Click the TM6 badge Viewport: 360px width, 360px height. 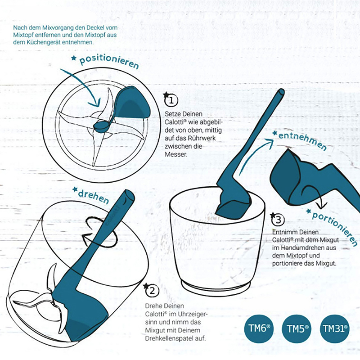pyautogui.click(x=259, y=329)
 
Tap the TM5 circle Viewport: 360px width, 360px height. pyautogui.click(x=297, y=329)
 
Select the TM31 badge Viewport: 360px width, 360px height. pyautogui.click(x=335, y=329)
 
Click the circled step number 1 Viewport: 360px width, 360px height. pyautogui.click(x=171, y=100)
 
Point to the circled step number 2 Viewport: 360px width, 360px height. pyautogui.click(x=152, y=291)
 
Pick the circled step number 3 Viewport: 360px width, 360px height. pyautogui.click(x=278, y=220)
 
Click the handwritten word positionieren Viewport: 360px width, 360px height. pyautogui.click(x=109, y=61)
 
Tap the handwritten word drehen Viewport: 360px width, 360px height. pyautogui.click(x=94, y=197)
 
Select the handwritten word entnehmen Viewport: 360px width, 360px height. pyautogui.click(x=302, y=140)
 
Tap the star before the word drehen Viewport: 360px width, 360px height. pyautogui.click(x=75, y=189)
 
